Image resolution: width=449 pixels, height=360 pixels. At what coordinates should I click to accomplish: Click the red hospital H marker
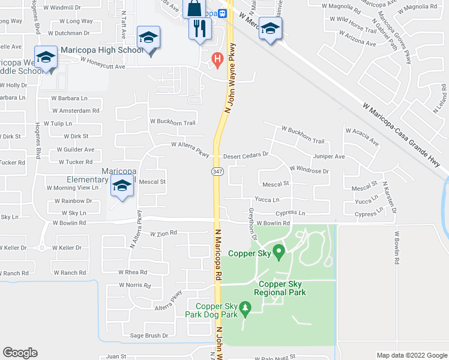click(x=217, y=59)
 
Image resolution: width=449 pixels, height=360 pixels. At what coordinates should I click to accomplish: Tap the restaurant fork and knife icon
click(x=199, y=28)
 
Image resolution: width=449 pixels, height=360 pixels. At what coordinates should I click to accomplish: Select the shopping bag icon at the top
click(x=194, y=8)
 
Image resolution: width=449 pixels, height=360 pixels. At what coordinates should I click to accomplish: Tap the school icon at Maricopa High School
click(x=148, y=39)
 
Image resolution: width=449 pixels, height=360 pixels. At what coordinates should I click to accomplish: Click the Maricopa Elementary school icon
click(x=122, y=186)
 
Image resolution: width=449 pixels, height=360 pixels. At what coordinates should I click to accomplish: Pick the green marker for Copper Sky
click(x=278, y=251)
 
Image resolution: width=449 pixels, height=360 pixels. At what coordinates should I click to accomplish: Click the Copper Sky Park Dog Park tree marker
click(x=245, y=309)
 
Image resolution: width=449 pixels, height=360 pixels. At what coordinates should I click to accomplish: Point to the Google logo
click(x=20, y=353)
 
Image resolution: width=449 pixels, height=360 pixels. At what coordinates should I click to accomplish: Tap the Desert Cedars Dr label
click(x=245, y=155)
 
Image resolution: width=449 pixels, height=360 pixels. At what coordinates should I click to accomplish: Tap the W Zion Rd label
click(x=163, y=233)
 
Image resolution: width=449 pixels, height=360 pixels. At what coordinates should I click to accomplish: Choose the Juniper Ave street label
click(x=328, y=157)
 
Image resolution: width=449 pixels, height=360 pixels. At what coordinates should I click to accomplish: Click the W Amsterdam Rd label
click(x=76, y=110)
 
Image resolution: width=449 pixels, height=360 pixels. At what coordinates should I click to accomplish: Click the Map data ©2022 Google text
click(x=411, y=355)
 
